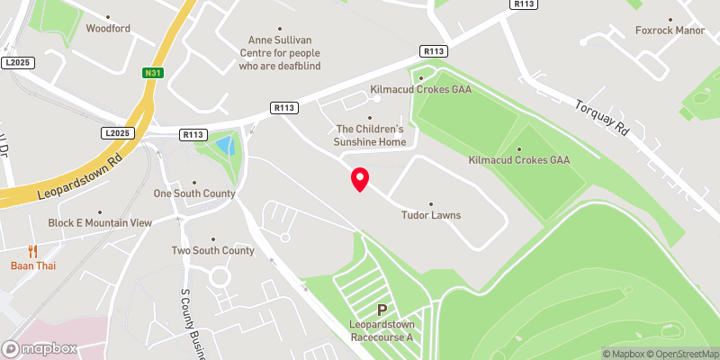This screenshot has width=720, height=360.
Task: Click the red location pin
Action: click(x=360, y=179)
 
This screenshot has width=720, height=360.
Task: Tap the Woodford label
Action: click(x=108, y=28)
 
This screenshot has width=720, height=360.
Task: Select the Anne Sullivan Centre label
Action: click(x=284, y=53)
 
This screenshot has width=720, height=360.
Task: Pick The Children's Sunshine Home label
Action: click(x=371, y=135)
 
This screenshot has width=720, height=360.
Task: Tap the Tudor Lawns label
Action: click(x=430, y=215)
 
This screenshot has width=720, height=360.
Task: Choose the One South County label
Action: click(x=194, y=193)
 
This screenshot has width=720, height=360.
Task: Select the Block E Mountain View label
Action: click(x=100, y=222)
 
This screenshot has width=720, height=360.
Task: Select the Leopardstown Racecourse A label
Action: click(x=382, y=330)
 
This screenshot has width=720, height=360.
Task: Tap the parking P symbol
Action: click(x=382, y=309)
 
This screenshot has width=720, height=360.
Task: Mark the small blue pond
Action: click(x=224, y=145)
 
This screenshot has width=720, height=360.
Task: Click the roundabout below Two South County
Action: click(x=219, y=278)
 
